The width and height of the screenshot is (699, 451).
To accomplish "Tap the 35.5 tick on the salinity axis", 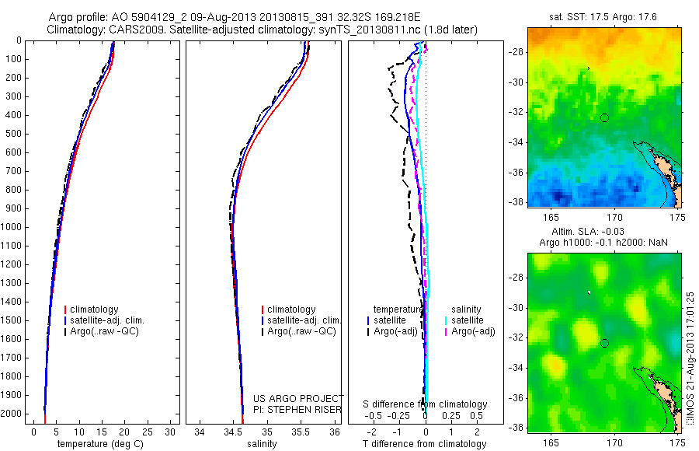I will click(302, 431).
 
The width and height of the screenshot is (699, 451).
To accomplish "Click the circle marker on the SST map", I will click(604, 117).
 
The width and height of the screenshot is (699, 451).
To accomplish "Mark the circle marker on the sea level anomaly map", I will click(604, 343).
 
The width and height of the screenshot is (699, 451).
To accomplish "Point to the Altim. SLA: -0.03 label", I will click(603, 232).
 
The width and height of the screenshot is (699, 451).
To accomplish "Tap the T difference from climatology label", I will click(425, 444).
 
